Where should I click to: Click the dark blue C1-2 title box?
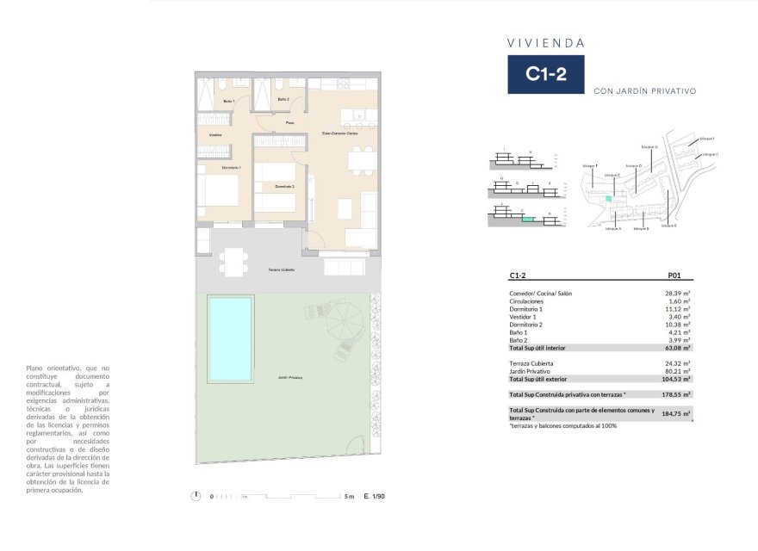point(545,74)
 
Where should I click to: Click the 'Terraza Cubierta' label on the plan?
point(280,270)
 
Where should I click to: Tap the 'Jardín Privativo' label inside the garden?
point(290,378)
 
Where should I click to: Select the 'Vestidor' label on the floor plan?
point(215,135)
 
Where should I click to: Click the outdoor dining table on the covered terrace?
point(231,261)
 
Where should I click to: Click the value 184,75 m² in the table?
point(676,414)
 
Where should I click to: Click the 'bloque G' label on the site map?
point(649,147)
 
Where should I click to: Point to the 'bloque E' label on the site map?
point(668,226)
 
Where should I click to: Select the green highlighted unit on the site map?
point(609,199)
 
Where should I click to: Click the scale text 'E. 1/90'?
point(374,496)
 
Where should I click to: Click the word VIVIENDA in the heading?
point(545,42)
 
